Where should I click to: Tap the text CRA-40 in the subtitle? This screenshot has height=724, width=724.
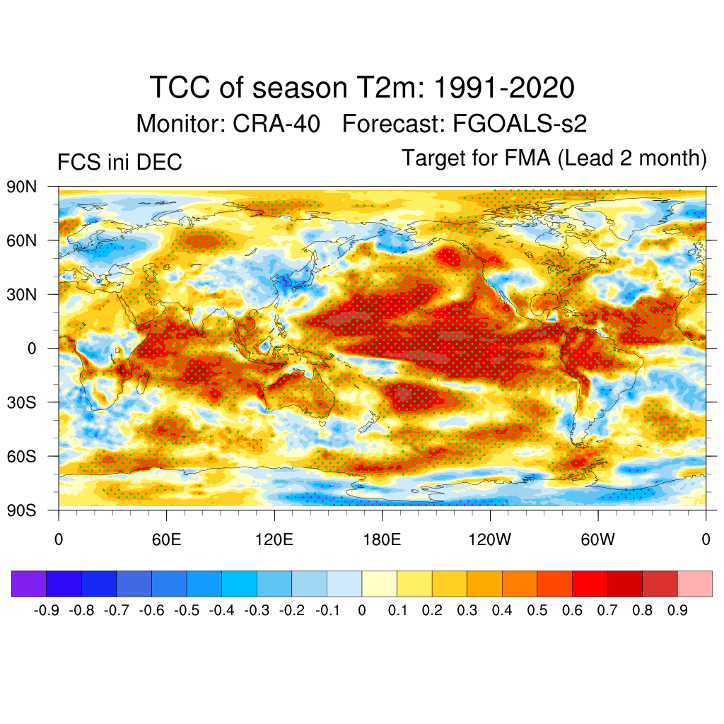pyautogui.click(x=276, y=124)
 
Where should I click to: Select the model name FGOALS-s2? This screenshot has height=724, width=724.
pyautogui.click(x=516, y=124)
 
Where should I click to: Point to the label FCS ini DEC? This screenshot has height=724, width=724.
pyautogui.click(x=119, y=163)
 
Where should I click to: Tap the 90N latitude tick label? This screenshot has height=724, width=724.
pyautogui.click(x=21, y=187)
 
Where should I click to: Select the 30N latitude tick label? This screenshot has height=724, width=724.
pyautogui.click(x=21, y=294)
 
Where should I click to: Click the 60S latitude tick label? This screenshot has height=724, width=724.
pyautogui.click(x=21, y=456)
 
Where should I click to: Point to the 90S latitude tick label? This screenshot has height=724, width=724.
pyautogui.click(x=21, y=510)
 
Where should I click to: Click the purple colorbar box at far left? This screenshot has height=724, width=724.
pyautogui.click(x=29, y=584)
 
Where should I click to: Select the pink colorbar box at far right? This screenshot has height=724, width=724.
pyautogui.click(x=695, y=584)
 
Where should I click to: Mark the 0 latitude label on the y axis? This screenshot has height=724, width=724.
pyautogui.click(x=32, y=349)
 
